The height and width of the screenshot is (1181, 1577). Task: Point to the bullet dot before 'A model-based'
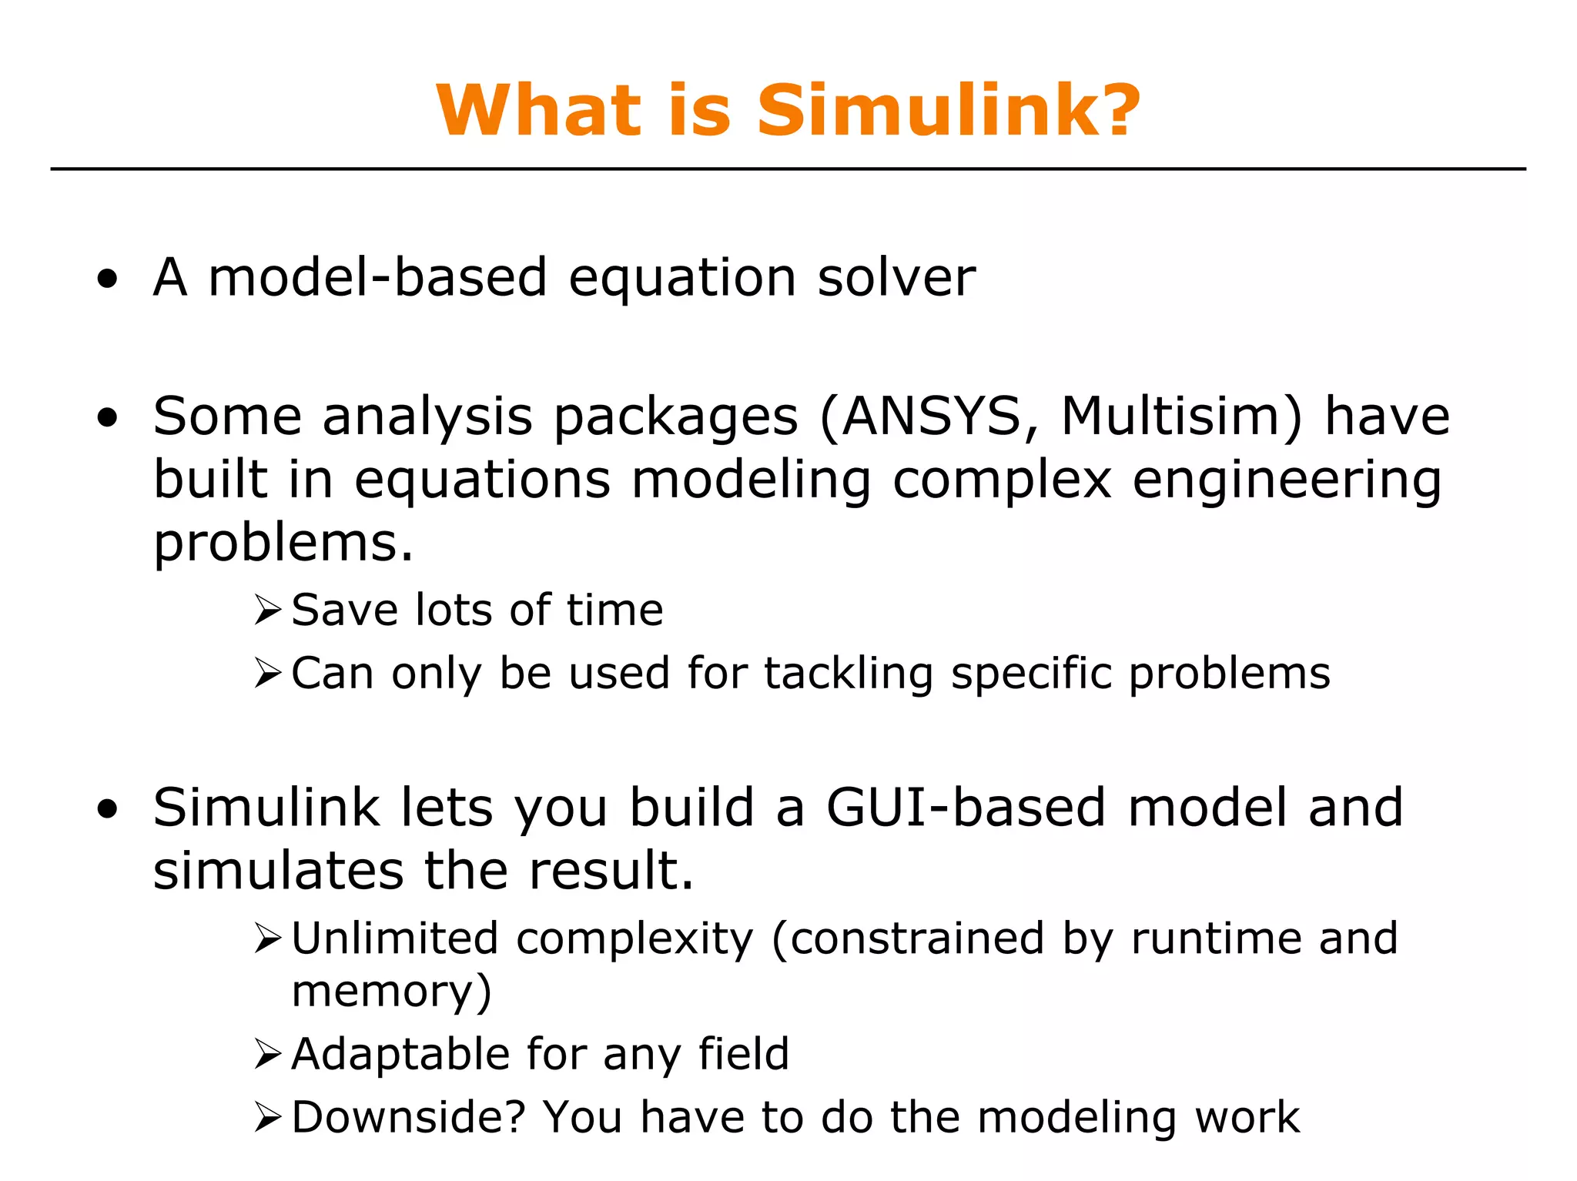(108, 279)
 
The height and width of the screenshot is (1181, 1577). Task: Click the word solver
(896, 278)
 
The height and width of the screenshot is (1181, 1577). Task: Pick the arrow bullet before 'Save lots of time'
(268, 611)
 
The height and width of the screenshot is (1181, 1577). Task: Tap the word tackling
(849, 674)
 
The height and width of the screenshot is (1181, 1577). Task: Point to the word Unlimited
(395, 938)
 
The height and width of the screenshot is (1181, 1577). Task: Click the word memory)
(391, 992)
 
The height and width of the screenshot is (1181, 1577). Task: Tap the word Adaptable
(400, 1055)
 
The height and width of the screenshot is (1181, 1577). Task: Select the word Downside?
(408, 1117)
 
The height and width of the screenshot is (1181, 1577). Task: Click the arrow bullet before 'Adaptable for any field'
(268, 1054)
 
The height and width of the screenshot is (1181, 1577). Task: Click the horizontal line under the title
(788, 169)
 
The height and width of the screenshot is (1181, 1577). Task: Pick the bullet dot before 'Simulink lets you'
(108, 810)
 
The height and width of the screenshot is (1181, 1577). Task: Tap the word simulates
(279, 872)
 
